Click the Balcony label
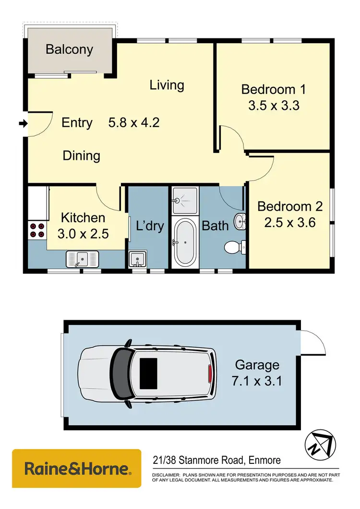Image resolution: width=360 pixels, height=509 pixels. tap(69, 49)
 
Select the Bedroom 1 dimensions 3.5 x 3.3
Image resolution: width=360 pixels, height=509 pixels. tap(274, 106)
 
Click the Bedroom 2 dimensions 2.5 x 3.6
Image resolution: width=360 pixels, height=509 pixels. tap(290, 223)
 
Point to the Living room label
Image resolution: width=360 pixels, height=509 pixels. tap(167, 85)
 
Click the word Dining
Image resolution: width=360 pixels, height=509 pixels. tap(81, 155)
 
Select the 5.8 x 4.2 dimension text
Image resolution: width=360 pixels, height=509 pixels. tap(134, 122)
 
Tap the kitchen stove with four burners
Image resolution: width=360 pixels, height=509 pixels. tap(37, 230)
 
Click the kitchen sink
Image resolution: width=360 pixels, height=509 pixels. tap(82, 260)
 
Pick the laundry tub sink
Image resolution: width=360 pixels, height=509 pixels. tap(138, 259)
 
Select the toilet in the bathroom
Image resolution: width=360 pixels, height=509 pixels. tap(234, 247)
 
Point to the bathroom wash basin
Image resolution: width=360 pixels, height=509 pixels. tap(240, 222)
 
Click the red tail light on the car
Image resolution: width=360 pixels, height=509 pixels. tap(209, 373)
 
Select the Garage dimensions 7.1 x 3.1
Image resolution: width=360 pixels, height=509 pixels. tap(257, 373)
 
